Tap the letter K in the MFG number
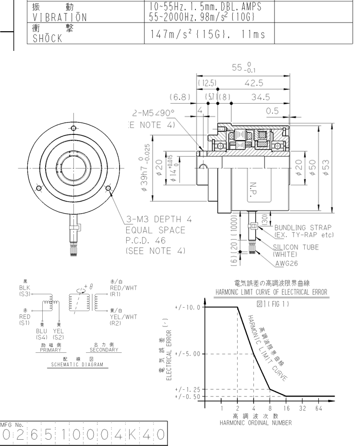point(132,436)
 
